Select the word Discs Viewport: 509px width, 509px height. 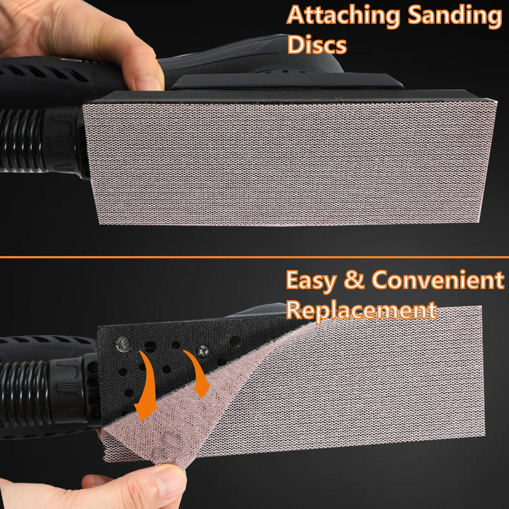pyautogui.click(x=317, y=45)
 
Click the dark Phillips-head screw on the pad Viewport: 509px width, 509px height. pyautogui.click(x=203, y=351)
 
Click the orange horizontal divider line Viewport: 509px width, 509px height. pyautogui.click(x=254, y=257)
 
